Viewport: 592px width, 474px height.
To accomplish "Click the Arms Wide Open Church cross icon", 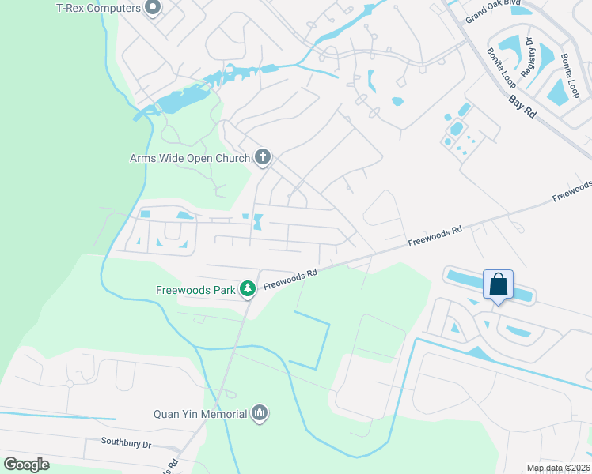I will click(x=264, y=158).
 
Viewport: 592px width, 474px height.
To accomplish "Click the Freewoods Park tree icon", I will click(x=248, y=289).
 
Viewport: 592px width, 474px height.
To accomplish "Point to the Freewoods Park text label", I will click(x=195, y=290).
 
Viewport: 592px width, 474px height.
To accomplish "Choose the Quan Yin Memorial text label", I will click(x=201, y=413).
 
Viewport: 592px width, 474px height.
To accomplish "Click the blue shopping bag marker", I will click(x=499, y=284).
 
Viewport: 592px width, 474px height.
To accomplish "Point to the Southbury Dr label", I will click(x=126, y=444).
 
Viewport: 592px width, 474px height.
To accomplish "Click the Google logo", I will click(x=26, y=465).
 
